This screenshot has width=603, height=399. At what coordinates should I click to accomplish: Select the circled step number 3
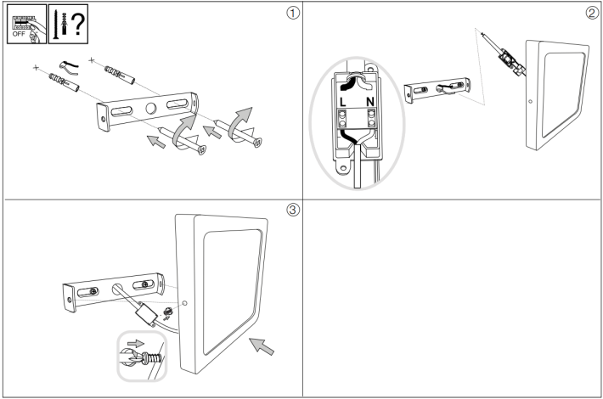coord(293,211)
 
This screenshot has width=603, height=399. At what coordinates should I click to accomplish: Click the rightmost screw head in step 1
coord(258,141)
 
